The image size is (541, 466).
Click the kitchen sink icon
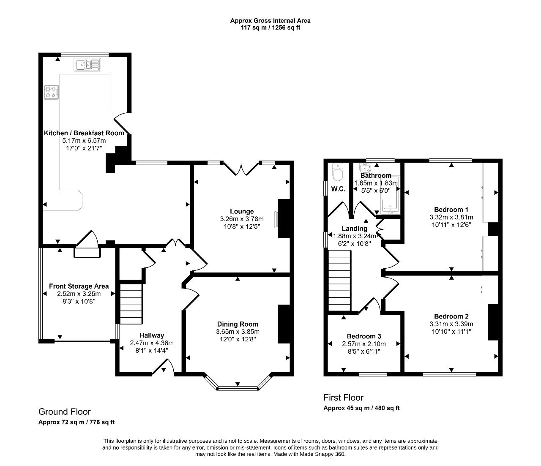(87, 65)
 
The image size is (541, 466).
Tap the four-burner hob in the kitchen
(51, 93)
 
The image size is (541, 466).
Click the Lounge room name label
(242, 211)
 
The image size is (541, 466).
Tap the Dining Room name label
(238, 324)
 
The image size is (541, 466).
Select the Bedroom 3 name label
(364, 336)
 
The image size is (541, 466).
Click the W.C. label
(338, 189)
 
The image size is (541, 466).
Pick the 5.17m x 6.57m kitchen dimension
(84, 141)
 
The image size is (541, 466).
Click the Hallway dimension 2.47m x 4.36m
(152, 343)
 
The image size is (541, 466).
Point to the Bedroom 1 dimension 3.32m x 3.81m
(451, 217)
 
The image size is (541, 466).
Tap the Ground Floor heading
(64, 411)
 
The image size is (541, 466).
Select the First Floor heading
(343, 398)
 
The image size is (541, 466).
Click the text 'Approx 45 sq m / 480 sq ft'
(361, 408)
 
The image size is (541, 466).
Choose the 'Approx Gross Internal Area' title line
(270, 21)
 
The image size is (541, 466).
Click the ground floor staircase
(131, 304)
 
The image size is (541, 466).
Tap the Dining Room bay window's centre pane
(238, 388)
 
